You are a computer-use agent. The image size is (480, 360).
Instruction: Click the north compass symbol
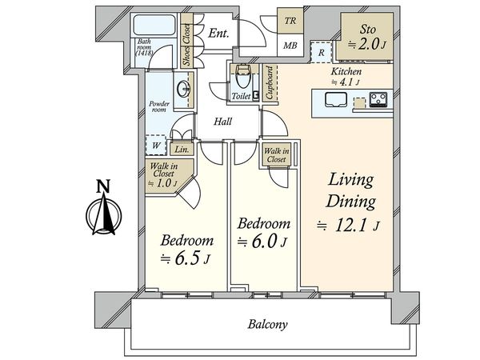(x=104, y=208)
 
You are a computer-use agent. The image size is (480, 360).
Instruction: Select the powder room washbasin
(x=184, y=89)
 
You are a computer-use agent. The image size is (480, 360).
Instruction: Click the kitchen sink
(x=335, y=100)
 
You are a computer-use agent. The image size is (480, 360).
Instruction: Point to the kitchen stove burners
(x=378, y=99)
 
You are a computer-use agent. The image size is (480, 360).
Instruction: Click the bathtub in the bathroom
(x=154, y=25)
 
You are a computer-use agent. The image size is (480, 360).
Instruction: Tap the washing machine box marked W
(x=156, y=145)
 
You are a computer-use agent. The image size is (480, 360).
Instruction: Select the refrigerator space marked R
(x=321, y=52)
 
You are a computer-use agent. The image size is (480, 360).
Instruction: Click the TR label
(x=290, y=21)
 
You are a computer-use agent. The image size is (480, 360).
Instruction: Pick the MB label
(x=290, y=46)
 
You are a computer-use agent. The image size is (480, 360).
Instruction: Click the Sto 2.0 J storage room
(x=367, y=36)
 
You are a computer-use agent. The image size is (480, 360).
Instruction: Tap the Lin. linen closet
(x=182, y=149)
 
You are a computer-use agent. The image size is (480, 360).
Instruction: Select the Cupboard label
(x=270, y=82)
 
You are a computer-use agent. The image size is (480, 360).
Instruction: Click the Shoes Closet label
(x=186, y=45)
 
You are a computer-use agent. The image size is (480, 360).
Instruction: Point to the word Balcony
(x=267, y=325)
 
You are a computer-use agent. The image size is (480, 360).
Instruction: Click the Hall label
(x=222, y=122)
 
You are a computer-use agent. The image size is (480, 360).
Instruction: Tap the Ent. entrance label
(x=218, y=33)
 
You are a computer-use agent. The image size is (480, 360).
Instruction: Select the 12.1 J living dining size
(x=348, y=226)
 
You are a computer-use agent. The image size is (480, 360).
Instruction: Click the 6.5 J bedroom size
(x=186, y=259)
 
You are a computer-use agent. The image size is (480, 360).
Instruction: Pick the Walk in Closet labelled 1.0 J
(x=165, y=175)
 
